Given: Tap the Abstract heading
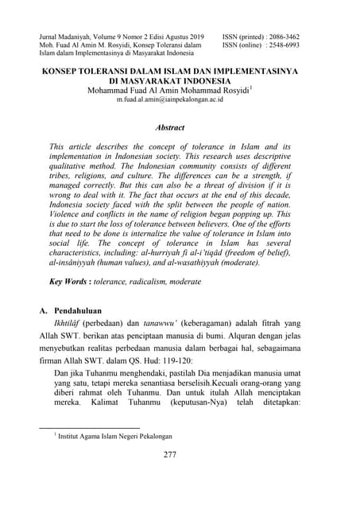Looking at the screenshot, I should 170,126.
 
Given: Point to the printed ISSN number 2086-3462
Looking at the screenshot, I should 293,37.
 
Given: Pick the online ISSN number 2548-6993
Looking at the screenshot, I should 293,46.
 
